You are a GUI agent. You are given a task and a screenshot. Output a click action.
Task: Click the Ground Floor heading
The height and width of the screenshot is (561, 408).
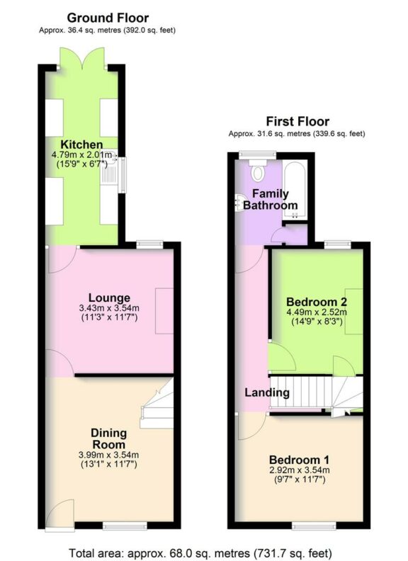point(108,17)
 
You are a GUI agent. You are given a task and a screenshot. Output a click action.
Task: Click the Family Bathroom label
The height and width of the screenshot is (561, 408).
point(271,199)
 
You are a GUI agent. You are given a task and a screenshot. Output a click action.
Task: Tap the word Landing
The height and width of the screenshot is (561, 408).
point(267,392)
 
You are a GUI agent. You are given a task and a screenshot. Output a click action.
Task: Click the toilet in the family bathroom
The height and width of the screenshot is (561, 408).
point(257,171)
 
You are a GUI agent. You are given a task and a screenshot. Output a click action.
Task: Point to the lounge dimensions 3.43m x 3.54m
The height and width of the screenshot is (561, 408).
point(109,308)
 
